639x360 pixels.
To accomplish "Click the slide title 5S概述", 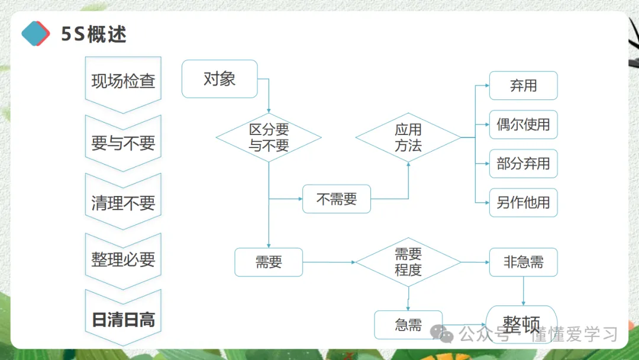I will [94, 34].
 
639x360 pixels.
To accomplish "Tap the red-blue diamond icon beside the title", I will [35, 33].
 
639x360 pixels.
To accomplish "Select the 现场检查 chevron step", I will [123, 81].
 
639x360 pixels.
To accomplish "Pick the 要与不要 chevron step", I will [123, 142].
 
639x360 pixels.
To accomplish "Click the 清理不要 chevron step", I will [123, 202].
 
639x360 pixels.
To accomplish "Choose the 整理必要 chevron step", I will [123, 259].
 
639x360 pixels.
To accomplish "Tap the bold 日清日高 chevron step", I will [123, 319].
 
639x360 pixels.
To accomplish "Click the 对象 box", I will [220, 79].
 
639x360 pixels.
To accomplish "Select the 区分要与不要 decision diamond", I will [269, 137].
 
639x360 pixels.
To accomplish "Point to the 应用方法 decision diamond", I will [408, 137].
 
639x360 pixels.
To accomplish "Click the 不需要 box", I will [337, 199].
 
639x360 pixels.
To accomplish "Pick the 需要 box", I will [269, 262].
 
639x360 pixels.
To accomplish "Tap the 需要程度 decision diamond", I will [408, 262].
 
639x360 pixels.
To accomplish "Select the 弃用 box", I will [523, 85].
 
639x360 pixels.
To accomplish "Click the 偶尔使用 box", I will [523, 124].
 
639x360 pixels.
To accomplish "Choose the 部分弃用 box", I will [523, 163].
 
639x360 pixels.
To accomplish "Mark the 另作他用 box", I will [523, 202].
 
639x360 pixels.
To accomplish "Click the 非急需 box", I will [523, 262].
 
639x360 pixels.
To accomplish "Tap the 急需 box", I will [408, 324].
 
